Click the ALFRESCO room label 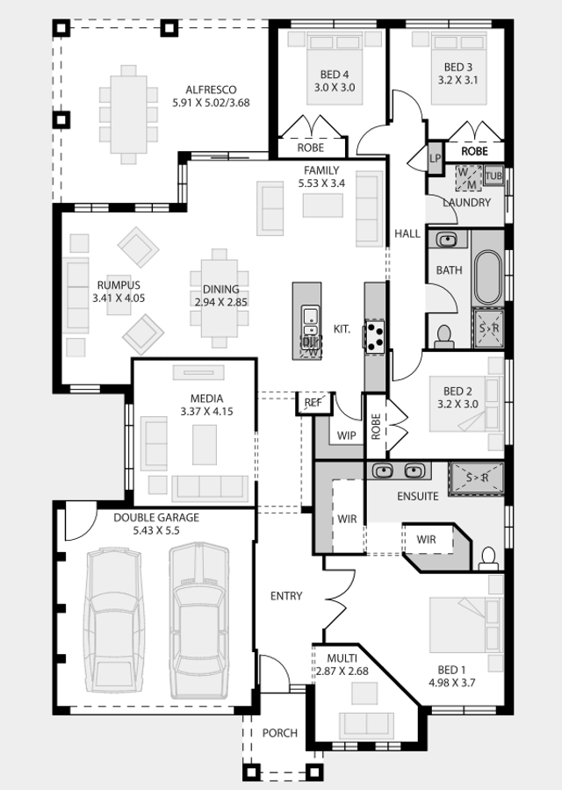point(211,90)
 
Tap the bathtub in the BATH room point(487,277)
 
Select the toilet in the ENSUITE point(488,558)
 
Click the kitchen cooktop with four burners point(374,335)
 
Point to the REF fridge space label point(313,403)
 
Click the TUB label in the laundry point(494,176)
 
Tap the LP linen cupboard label point(435,158)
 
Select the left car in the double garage point(113,621)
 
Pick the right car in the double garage point(199,621)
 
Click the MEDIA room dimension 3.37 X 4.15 point(206,412)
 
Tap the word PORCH point(280,733)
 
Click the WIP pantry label point(346,435)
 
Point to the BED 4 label point(335,75)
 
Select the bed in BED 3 point(458,68)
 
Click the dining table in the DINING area point(220,298)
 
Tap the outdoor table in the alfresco point(128,114)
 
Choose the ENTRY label point(286,596)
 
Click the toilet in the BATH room point(444,337)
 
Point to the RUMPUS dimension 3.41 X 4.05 point(119,298)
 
